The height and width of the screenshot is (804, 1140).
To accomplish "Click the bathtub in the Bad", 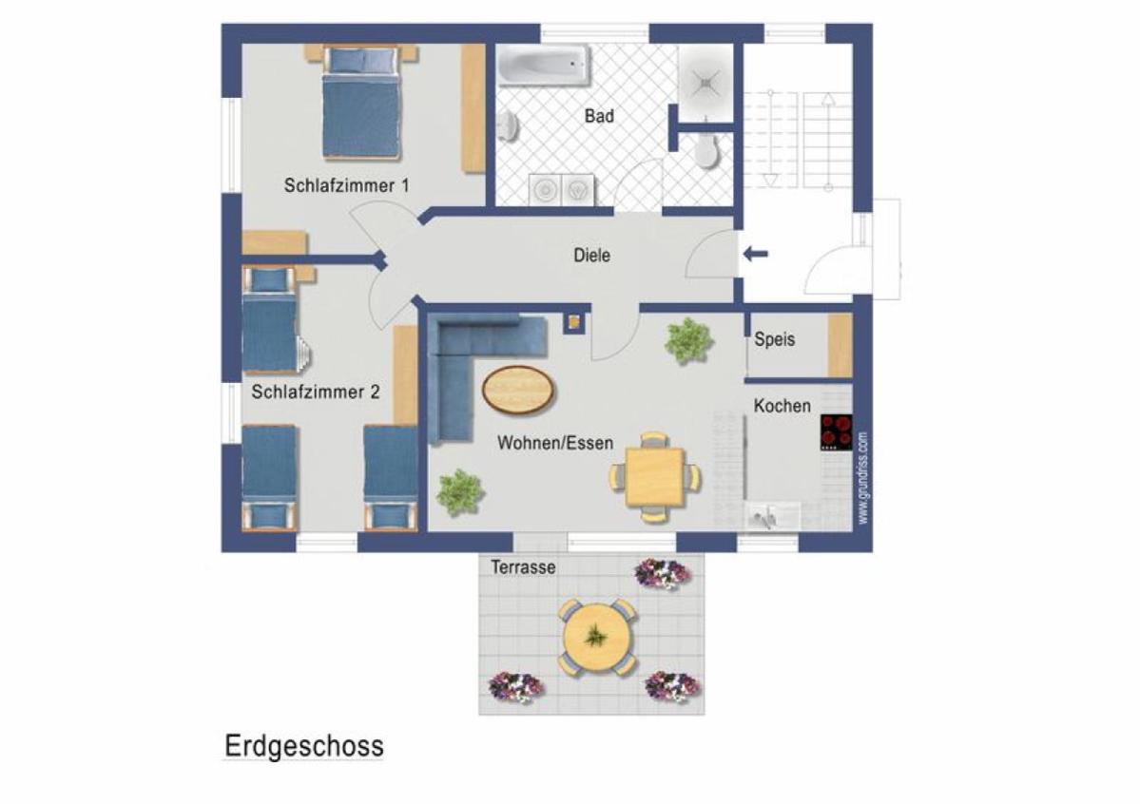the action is [543, 67].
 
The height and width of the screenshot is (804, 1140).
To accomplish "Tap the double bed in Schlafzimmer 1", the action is [360, 102].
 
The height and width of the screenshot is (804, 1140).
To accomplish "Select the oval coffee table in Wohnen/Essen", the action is [518, 390].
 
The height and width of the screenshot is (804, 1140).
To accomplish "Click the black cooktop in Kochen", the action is [836, 431].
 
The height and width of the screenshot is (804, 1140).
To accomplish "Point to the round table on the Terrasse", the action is [597, 638].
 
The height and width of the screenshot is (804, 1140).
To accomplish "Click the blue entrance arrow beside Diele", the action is [755, 254].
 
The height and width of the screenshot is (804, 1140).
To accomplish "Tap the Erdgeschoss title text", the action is [304, 747].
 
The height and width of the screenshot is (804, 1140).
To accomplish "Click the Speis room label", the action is [774, 338].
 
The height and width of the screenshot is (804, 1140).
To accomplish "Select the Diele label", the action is [591, 255].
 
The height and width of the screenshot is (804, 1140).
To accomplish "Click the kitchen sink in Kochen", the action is [764, 517].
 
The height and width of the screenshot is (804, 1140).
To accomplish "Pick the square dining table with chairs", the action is [655, 478].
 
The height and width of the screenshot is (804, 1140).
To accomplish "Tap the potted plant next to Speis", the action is [687, 340].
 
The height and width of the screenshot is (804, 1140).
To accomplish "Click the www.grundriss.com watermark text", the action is [862, 478].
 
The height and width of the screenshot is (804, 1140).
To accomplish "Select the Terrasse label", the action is [523, 567].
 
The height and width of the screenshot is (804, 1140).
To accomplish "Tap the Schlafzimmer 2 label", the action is [316, 392].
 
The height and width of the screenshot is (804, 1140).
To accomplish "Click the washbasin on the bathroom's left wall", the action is [509, 125].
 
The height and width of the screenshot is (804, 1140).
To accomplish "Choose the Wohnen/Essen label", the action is [555, 443].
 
